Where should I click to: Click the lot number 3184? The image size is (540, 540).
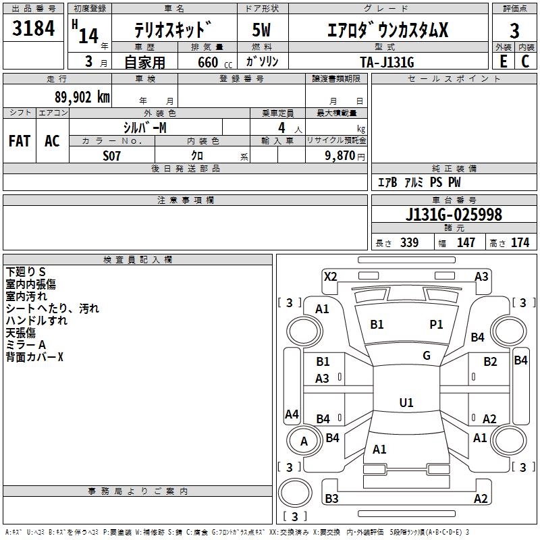coord(33,28)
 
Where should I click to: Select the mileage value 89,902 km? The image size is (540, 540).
coord(82,97)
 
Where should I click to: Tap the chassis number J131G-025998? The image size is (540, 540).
coord(454,215)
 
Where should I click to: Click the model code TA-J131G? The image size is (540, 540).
coord(387,62)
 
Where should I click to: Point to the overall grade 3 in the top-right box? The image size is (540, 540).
coord(514,31)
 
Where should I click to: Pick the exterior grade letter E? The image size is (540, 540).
coord(504,61)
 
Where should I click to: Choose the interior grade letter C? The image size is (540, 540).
coord(525,61)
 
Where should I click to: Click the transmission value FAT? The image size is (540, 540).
coord(20,141)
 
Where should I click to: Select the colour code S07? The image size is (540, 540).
coord(111,156)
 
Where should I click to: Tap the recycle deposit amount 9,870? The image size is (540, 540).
coord(340,156)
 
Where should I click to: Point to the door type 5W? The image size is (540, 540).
coord(261,30)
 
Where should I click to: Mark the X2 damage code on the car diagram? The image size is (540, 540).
coord(331,277)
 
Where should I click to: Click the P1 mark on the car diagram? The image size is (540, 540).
coord(436,325)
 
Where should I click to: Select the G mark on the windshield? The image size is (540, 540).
coord(427,356)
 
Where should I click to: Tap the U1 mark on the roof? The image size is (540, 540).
coord(406,402)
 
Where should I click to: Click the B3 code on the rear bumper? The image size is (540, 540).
coord(331,498)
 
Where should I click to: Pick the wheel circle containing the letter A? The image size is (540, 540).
coord(303,441)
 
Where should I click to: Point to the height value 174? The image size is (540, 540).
coord(520,242)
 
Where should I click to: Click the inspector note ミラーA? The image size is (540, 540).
coord(26,345)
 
